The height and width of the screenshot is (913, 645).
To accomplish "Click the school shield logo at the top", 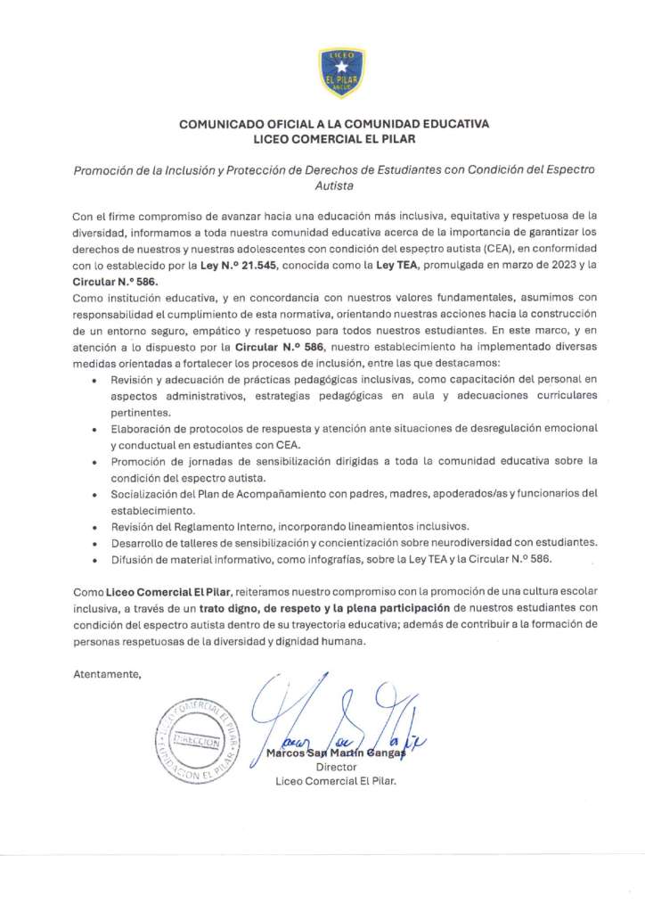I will pyautogui.click(x=341, y=72).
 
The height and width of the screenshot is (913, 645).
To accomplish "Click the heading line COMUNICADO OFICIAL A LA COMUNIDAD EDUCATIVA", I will pyautogui.click(x=334, y=125).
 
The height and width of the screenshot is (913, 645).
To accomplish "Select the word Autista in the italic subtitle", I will pyautogui.click(x=334, y=186).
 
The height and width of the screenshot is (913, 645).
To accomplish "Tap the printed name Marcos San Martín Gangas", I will pyautogui.click(x=336, y=753).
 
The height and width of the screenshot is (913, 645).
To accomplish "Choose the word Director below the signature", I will pyautogui.click(x=336, y=766).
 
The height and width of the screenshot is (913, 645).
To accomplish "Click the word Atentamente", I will pyautogui.click(x=107, y=674).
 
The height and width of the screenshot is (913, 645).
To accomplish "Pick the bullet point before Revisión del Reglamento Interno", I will pyautogui.click(x=96, y=527).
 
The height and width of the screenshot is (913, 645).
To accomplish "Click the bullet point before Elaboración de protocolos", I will pyautogui.click(x=96, y=429).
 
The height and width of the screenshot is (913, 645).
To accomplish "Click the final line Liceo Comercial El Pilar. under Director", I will pyautogui.click(x=336, y=780).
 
